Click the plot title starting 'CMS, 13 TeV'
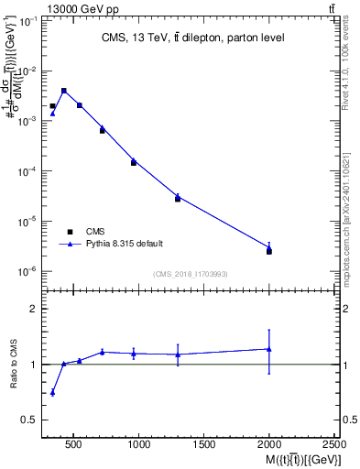(191, 38)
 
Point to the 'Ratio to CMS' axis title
(14, 365)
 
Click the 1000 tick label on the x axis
(139, 444)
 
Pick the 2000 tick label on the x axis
(269, 444)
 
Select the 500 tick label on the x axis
(74, 444)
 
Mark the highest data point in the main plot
(63, 91)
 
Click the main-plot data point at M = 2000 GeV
(269, 250)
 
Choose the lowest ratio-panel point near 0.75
(52, 392)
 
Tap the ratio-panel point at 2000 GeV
(269, 349)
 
